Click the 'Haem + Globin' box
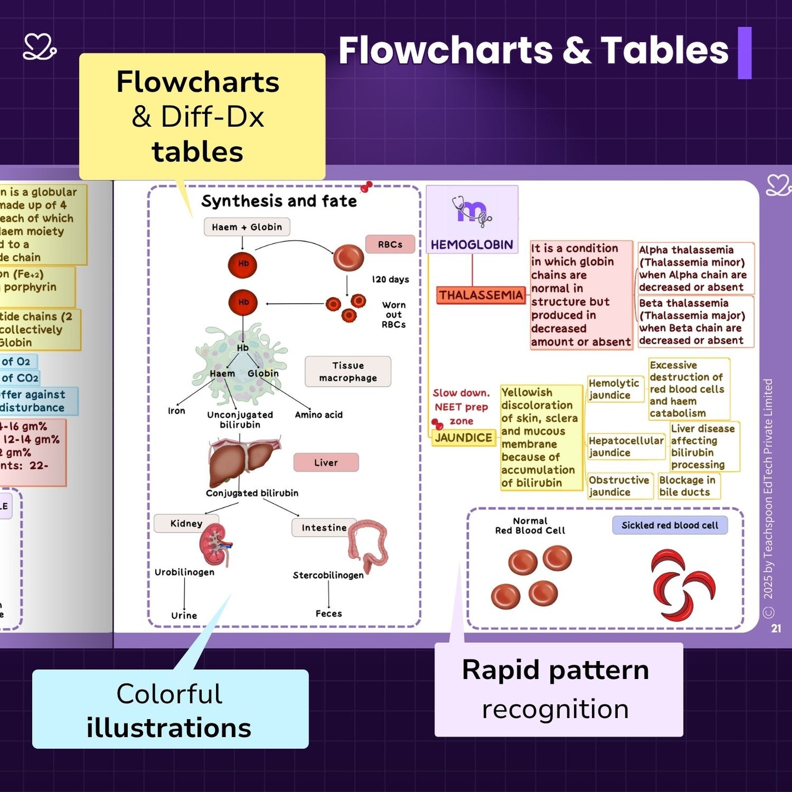point(247,227)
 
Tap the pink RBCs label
point(390,244)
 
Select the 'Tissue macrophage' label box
point(348,372)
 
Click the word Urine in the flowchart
point(184,616)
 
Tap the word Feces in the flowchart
point(329,614)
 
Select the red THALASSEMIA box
point(481,295)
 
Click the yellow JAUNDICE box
point(463,437)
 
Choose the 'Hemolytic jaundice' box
point(614,389)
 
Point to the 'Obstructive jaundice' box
point(619,486)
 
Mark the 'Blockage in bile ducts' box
point(688,486)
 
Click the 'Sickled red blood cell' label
point(670,525)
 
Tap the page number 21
point(776,628)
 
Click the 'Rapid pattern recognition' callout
point(558,690)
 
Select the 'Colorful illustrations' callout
point(170,710)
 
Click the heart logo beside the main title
point(39,47)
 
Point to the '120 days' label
point(391,280)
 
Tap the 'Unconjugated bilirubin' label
point(240,419)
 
